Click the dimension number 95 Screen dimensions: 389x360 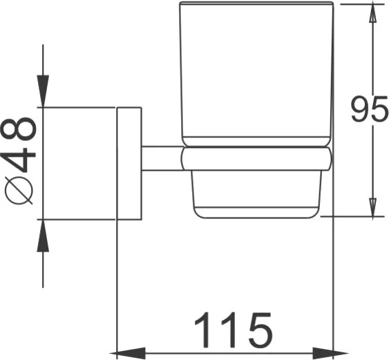pyautogui.click(x=369, y=109)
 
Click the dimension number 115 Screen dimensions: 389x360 pyautogui.click(x=234, y=330)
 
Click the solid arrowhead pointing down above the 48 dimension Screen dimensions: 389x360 pyautogui.click(x=43, y=91)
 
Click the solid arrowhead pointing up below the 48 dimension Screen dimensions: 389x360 pyautogui.click(x=43, y=236)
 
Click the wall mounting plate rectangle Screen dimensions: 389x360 pyautogui.click(x=129, y=164)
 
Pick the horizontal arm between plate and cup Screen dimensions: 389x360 pyautogui.click(x=162, y=158)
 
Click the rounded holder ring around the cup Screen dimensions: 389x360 pyautogui.click(x=256, y=158)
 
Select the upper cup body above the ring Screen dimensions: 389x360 pyautogui.click(x=256, y=74)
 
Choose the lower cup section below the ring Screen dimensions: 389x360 pyautogui.click(x=256, y=195)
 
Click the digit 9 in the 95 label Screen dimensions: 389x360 pyautogui.click(x=359, y=109)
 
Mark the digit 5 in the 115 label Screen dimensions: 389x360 pyautogui.click(x=260, y=330)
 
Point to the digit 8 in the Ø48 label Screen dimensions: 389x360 pyautogui.click(x=19, y=129)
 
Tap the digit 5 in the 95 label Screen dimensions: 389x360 pyautogui.click(x=379, y=109)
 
